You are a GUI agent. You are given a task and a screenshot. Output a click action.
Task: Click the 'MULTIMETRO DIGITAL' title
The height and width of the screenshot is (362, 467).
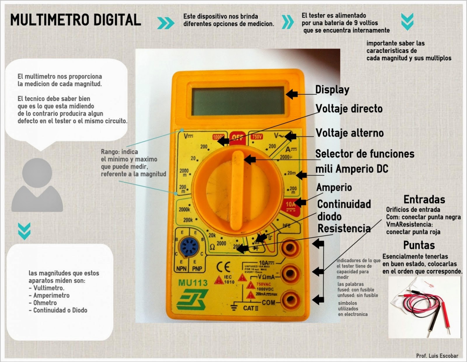click(76, 20)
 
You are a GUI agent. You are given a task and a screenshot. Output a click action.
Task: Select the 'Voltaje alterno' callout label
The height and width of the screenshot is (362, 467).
click(350, 133)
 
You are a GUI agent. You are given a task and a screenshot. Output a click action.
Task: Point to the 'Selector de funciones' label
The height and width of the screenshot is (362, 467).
click(365, 154)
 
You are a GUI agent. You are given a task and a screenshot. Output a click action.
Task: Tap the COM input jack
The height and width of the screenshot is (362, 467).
click(290, 300)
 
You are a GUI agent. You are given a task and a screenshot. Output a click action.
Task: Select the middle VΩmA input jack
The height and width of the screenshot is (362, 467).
click(290, 274)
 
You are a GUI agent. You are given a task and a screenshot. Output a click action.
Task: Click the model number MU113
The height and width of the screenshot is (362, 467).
click(193, 283)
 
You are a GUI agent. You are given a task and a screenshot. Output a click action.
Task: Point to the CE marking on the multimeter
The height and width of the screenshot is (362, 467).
click(223, 267)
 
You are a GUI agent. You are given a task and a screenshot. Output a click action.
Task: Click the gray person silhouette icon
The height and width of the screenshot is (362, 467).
click(37, 185)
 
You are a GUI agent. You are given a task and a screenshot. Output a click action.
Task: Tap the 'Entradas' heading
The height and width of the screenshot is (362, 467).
click(424, 200)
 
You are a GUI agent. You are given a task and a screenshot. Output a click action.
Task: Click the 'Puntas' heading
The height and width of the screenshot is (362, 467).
click(419, 245)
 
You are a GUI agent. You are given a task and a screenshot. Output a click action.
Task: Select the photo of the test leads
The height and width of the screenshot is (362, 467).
click(424, 307)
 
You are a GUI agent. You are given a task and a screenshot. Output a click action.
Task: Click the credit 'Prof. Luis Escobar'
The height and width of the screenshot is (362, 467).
click(437, 356)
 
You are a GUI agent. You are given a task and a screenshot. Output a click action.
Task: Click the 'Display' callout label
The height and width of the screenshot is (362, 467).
click(332, 90)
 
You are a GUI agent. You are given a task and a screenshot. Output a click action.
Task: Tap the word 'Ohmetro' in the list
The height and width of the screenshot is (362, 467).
click(45, 303)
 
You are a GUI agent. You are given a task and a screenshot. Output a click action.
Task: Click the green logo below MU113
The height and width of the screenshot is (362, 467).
click(192, 299)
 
